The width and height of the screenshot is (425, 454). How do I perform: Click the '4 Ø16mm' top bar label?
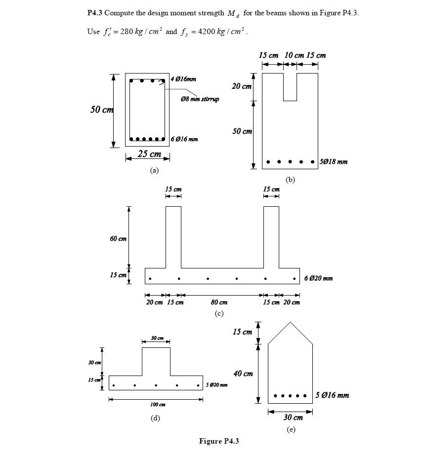184,79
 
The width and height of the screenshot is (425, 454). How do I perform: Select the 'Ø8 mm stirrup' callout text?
200,99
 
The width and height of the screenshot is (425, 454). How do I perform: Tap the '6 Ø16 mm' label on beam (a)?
184,139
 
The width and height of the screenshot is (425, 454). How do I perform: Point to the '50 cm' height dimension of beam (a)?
101,109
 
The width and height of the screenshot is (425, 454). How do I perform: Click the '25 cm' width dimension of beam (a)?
149,154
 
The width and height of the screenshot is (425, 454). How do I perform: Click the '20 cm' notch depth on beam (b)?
242,86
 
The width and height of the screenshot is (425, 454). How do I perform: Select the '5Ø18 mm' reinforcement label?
334,161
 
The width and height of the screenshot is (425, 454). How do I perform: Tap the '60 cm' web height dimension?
118,239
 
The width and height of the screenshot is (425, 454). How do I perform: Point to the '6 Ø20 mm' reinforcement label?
319,278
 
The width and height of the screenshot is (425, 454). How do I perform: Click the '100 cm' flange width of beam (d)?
157,405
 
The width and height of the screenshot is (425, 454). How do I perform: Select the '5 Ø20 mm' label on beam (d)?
217,385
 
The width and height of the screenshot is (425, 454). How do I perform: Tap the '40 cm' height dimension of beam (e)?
243,374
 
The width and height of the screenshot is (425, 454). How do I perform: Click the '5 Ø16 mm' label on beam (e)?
333,395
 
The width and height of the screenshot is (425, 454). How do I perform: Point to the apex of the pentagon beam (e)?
290,322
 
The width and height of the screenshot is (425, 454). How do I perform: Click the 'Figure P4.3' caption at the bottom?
218,441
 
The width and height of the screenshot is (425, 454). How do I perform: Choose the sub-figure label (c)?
219,313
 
